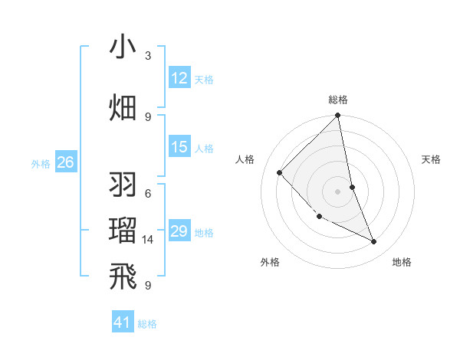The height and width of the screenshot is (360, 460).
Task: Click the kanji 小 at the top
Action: (123, 47)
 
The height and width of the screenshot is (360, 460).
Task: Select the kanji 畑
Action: (123, 106)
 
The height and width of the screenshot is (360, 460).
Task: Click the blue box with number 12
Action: (179, 78)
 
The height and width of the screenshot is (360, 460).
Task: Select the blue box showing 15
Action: (179, 147)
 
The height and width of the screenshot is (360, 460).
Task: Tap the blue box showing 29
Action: (179, 231)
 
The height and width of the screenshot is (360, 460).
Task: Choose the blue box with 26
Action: (65, 162)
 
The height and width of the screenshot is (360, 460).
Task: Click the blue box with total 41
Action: (123, 322)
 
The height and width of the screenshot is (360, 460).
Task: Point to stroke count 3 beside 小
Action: (148, 56)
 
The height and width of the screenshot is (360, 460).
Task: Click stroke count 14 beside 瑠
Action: (148, 240)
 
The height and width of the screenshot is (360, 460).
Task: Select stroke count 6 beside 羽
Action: (148, 193)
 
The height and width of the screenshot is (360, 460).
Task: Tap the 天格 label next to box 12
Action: (204, 80)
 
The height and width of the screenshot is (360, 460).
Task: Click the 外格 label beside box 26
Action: (41, 163)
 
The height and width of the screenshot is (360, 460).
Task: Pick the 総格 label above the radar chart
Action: (338, 100)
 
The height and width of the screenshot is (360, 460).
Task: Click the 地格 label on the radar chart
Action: (402, 262)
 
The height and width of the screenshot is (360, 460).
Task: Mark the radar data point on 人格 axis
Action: (280, 172)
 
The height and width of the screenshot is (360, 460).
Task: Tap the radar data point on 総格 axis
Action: (338, 116)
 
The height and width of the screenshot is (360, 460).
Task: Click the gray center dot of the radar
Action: (338, 191)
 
